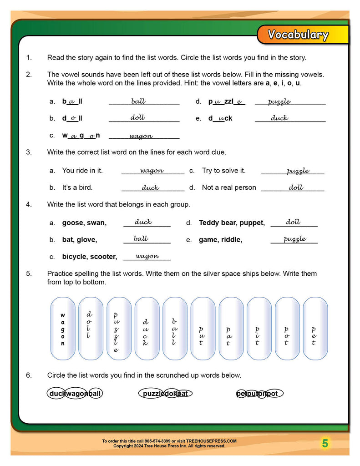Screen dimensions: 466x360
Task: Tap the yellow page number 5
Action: pos(325,443)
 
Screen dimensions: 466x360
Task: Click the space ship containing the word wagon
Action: pos(63,329)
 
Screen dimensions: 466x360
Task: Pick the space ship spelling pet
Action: pos(314,329)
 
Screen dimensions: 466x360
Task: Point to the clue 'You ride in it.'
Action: pos(82,171)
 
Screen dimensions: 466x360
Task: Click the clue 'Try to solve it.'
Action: pos(223,171)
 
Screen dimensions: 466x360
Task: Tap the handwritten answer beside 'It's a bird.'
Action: pos(150,187)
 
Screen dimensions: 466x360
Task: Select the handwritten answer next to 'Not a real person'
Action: pos(296,187)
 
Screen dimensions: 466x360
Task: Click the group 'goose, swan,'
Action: pos(84,223)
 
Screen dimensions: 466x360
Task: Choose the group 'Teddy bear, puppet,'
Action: pos(232,223)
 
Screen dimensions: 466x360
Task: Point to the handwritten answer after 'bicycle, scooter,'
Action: pos(147,256)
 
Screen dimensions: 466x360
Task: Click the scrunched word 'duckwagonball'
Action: pos(75,394)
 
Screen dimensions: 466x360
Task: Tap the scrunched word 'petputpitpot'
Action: pos(259,394)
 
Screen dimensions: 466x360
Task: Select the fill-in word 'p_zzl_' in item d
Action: pos(226,102)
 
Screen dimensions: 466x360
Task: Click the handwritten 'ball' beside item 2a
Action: pos(138,101)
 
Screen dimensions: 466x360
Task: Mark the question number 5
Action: pos(29,274)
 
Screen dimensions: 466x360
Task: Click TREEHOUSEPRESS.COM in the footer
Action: pos(213,441)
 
